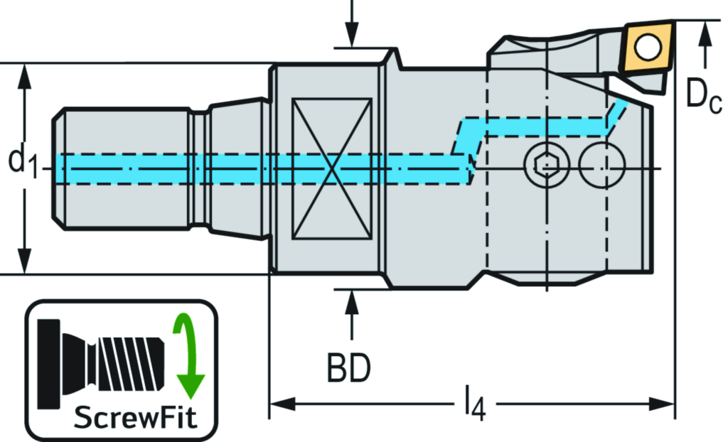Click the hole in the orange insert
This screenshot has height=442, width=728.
coord(647,48)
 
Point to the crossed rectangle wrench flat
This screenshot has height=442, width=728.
coord(332,168)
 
